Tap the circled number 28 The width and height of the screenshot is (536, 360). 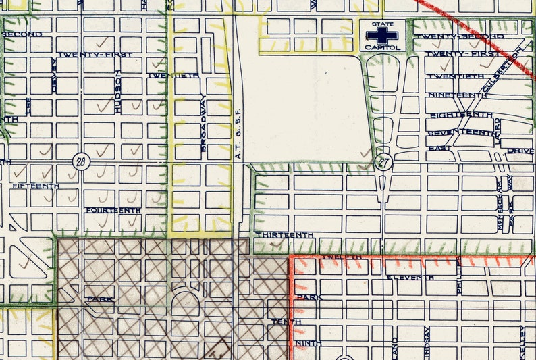pyautogui.click(x=81, y=161)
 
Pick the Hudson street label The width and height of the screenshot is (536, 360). pyautogui.click(x=118, y=95)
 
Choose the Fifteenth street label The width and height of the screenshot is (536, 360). pyautogui.click(x=35, y=186)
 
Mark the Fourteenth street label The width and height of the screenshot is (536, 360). pyautogui.click(x=113, y=211)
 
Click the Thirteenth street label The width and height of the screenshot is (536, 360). pyautogui.click(x=284, y=234)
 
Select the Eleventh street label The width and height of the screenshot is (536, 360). pyautogui.click(x=410, y=278)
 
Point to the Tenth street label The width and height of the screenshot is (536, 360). pyautogui.click(x=286, y=322)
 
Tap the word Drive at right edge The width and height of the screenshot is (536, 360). pyautogui.click(x=520, y=150)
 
